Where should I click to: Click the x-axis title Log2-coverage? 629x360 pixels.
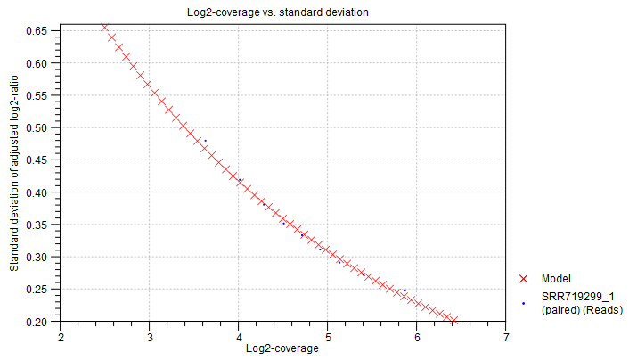point(282,348)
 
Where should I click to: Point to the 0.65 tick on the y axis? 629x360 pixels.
point(37,31)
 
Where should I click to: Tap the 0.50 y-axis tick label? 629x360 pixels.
point(37,127)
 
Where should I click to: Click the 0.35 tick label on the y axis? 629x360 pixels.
point(37,225)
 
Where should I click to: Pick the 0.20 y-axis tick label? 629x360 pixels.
point(37,321)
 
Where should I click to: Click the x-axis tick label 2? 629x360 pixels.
point(61,337)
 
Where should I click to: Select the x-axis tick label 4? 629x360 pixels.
point(239,337)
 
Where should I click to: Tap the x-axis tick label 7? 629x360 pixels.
point(506,337)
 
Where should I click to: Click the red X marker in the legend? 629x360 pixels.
point(523,279)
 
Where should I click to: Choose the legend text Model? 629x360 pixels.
point(556,279)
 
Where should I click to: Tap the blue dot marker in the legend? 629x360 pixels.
point(523,303)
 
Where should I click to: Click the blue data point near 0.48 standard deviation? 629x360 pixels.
point(205,141)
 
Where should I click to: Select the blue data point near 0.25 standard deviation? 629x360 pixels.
point(405,290)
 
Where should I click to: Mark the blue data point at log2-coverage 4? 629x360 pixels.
point(240,180)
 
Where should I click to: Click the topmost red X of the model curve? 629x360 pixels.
point(104,27)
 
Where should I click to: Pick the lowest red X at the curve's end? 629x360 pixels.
point(453,320)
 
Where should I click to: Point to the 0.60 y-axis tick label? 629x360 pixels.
point(37,63)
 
